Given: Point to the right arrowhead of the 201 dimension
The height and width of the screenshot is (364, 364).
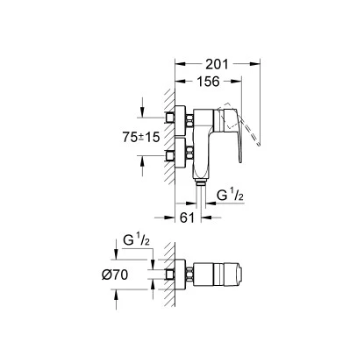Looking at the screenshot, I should [x=259, y=63].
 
